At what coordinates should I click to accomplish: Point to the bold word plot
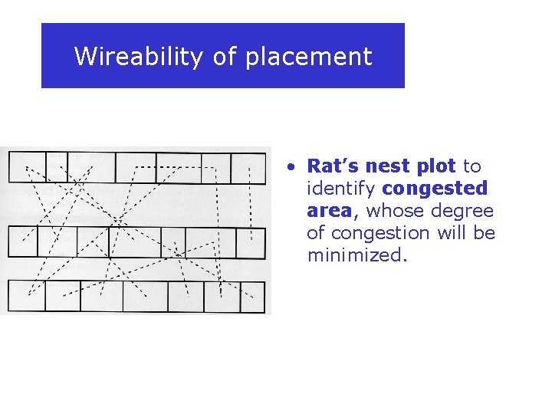[x=438, y=166]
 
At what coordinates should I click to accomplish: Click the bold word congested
[x=435, y=189]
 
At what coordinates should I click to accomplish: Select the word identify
[x=341, y=189]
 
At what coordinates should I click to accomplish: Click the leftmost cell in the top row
[x=27, y=167]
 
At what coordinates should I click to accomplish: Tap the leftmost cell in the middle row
[x=22, y=242]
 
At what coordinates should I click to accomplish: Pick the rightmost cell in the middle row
[x=250, y=243]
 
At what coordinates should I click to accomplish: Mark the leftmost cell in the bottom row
[x=27, y=296]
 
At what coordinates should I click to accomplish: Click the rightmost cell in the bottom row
[x=251, y=297]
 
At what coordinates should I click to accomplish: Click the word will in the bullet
[x=455, y=233]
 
